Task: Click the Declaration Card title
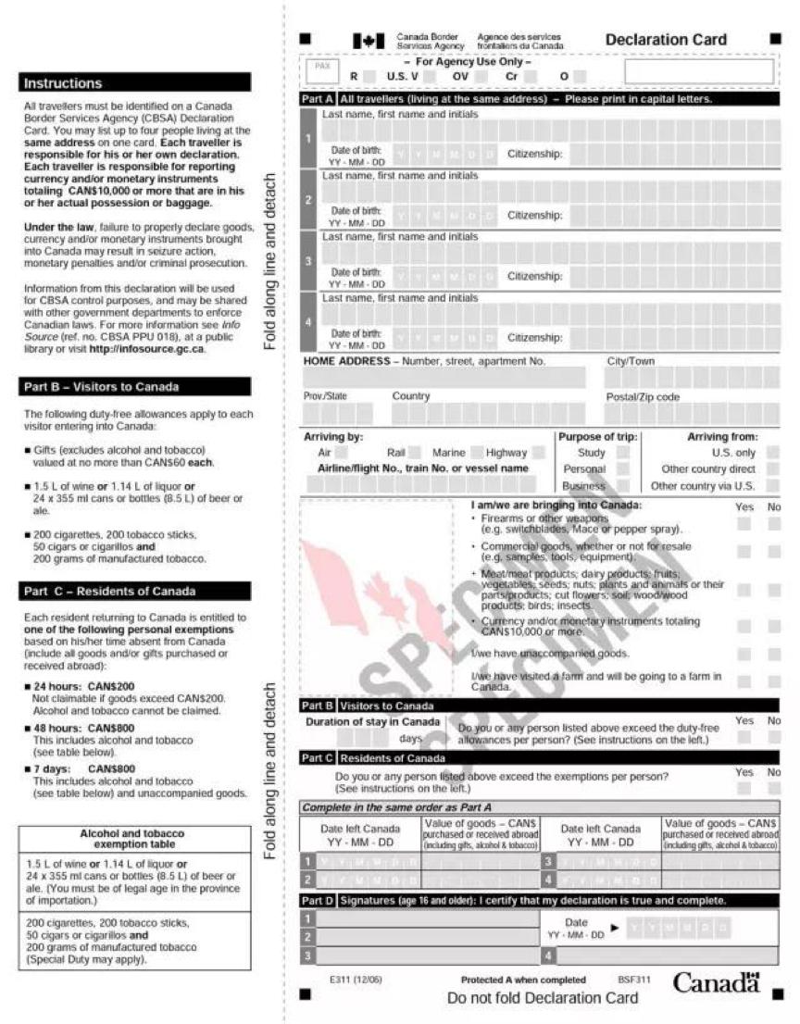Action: pyautogui.click(x=666, y=40)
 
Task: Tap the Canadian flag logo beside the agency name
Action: pyautogui.click(x=369, y=41)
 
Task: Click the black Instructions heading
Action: pyautogui.click(x=135, y=82)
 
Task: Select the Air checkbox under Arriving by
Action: pyautogui.click(x=342, y=453)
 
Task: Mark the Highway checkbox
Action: pyautogui.click(x=538, y=453)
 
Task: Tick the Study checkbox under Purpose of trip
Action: pyautogui.click(x=623, y=453)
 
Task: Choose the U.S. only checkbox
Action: pyautogui.click(x=771, y=453)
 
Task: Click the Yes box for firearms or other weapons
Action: pyautogui.click(x=744, y=524)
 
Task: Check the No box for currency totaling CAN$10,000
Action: pyautogui.click(x=773, y=627)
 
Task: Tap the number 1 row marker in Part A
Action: pyautogui.click(x=309, y=139)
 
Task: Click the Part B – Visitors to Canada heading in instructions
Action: pyautogui.click(x=135, y=386)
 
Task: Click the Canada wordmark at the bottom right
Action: pyautogui.click(x=716, y=983)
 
